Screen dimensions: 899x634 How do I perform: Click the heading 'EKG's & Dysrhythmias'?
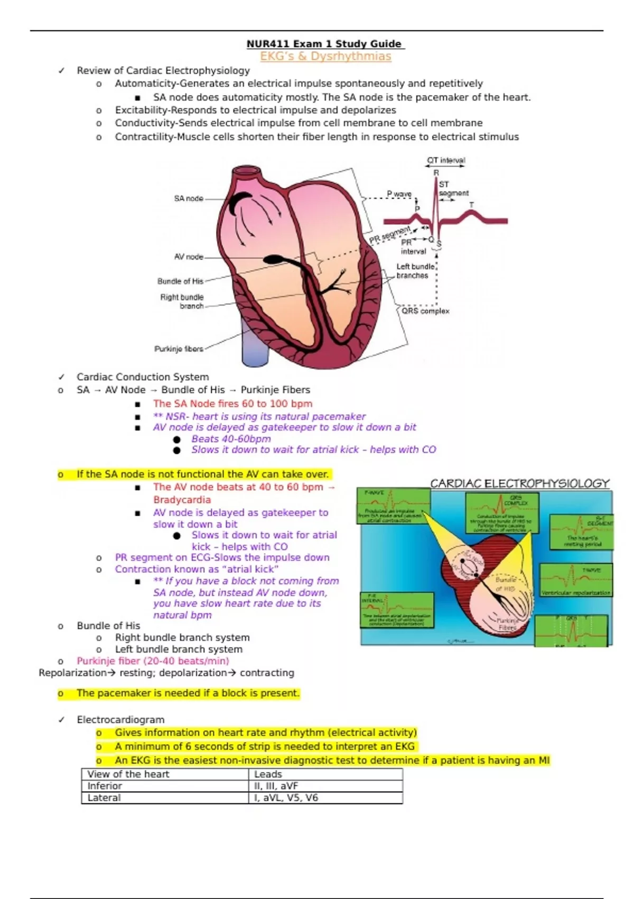click(x=325, y=57)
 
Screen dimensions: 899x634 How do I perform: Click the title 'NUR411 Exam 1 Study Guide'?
click(x=324, y=44)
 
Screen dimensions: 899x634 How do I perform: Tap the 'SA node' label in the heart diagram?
click(x=189, y=199)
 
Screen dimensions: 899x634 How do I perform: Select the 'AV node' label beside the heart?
click(x=189, y=257)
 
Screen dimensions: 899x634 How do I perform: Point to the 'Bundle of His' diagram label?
click(x=180, y=281)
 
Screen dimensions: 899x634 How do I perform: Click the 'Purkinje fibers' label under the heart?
click(x=179, y=349)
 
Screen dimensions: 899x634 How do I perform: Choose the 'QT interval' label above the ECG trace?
click(x=446, y=160)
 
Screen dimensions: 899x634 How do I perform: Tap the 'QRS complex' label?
click(x=425, y=311)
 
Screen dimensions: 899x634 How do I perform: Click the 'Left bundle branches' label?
click(x=415, y=271)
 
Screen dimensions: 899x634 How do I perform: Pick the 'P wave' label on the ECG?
click(x=399, y=194)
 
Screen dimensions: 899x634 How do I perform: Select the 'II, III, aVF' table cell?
click(x=276, y=786)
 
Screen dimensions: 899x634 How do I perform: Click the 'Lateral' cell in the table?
click(x=104, y=797)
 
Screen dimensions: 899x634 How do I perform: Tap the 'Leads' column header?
click(x=268, y=774)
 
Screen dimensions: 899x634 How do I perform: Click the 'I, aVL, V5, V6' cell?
click(x=286, y=797)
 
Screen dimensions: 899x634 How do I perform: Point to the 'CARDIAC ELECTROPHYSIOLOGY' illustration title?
click(x=520, y=483)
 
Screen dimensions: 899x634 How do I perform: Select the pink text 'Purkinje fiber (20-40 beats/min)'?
click(x=153, y=661)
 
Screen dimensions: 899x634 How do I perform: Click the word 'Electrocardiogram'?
click(x=120, y=720)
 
